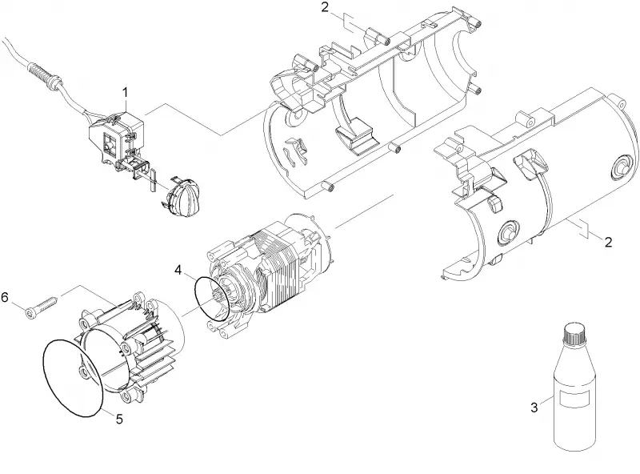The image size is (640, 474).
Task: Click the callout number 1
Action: [x=126, y=92]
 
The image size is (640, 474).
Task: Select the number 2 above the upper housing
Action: [x=325, y=7]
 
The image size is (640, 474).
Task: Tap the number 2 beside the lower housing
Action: [x=608, y=243]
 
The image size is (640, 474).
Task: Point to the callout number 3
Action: [x=534, y=408]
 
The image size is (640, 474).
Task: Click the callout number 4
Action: [x=178, y=270]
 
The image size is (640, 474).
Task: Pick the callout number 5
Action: [x=119, y=420]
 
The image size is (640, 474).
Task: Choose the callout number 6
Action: [x=5, y=297]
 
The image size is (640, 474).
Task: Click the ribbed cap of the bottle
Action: [x=575, y=333]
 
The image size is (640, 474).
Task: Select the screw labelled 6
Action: [x=42, y=307]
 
